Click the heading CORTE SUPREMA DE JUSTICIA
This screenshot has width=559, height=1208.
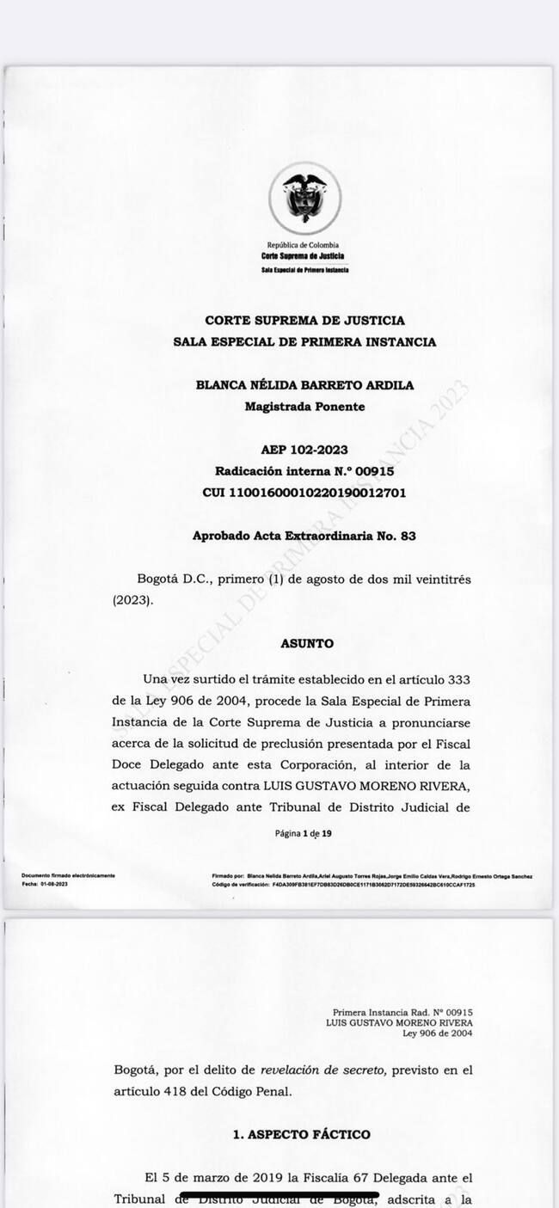(x=304, y=321)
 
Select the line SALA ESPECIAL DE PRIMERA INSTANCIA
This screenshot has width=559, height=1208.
(x=304, y=342)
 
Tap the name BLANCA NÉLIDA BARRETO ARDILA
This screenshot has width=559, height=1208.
(x=304, y=385)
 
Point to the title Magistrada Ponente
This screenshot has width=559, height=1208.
(x=304, y=407)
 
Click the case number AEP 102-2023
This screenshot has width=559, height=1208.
(x=304, y=450)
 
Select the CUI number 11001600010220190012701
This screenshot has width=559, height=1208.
(x=304, y=493)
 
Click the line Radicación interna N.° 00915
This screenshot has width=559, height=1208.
(x=304, y=471)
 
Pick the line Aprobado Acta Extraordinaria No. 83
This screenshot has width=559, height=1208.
(x=304, y=536)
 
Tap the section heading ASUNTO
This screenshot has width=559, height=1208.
(x=307, y=643)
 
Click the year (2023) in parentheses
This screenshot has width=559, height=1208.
(x=132, y=600)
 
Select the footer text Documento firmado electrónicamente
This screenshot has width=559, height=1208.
(x=68, y=876)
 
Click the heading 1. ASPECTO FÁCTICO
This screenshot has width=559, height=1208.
(x=302, y=1135)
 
